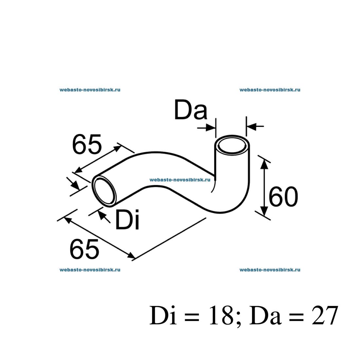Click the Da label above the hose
(x=190, y=110)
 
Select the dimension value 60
(x=283, y=197)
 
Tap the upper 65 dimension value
(x=87, y=145)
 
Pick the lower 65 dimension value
(x=84, y=249)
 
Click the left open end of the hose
(x=104, y=191)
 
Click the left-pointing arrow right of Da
(x=255, y=126)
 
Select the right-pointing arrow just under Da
(x=207, y=128)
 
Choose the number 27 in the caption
(x=324, y=316)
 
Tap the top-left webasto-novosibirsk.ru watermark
(x=90, y=90)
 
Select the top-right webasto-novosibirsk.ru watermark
(x=270, y=90)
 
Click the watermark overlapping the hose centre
(x=180, y=180)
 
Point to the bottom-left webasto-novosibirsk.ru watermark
(x=90, y=270)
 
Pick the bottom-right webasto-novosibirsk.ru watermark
(x=270, y=270)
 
